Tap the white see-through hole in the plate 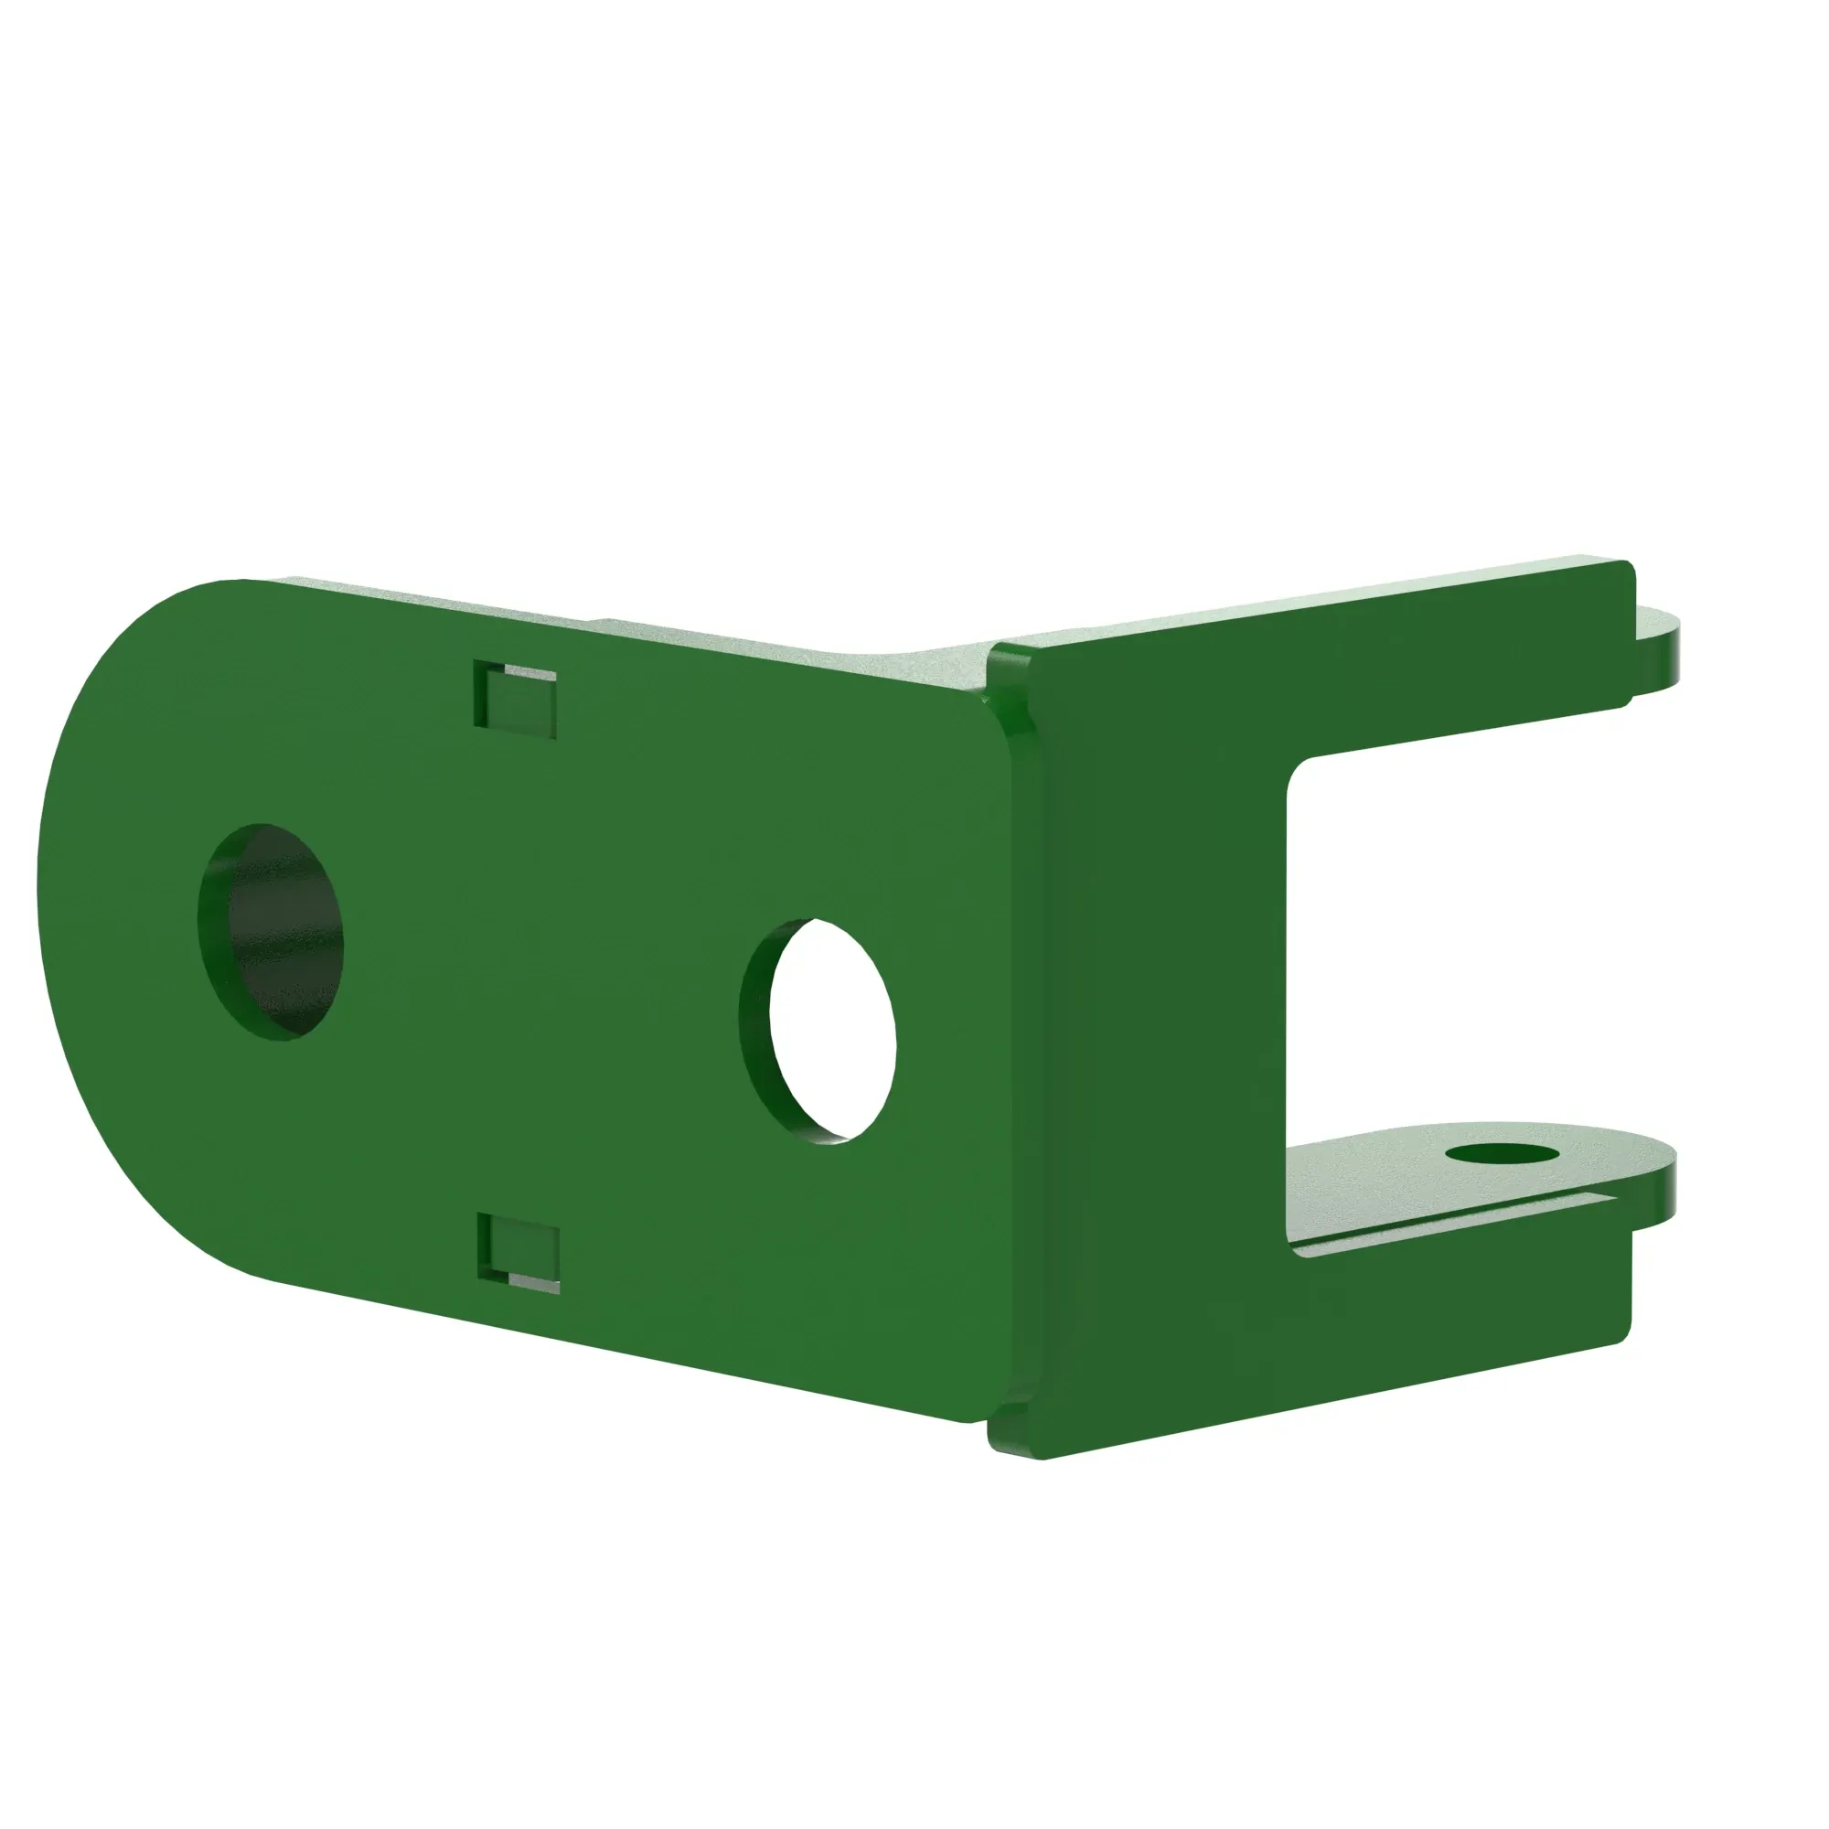(831, 1029)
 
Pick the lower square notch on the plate (519, 1248)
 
